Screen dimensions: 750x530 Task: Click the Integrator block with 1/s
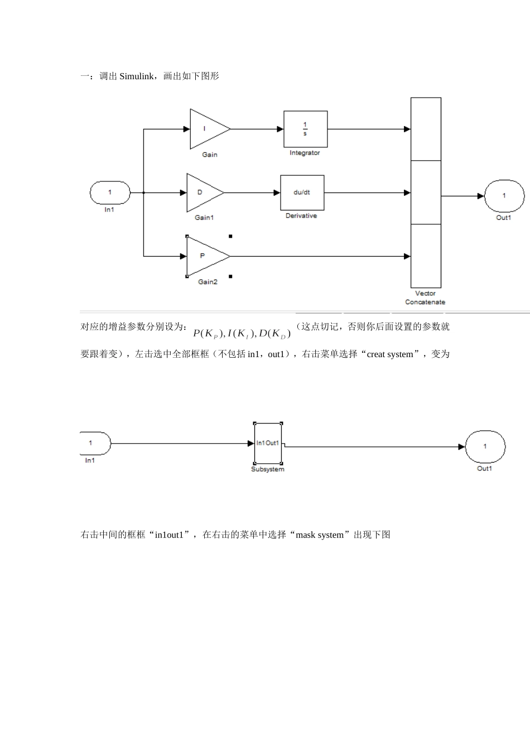pyautogui.click(x=305, y=129)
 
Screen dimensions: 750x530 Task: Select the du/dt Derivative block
pyautogui.click(x=302, y=193)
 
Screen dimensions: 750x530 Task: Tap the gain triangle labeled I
pyautogui.click(x=208, y=129)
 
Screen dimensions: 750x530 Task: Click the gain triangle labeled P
pyautogui.click(x=205, y=256)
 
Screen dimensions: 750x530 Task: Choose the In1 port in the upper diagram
pyautogui.click(x=110, y=193)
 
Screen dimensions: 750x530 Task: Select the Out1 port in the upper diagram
pyautogui.click(x=504, y=196)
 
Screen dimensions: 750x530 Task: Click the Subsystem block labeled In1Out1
pyautogui.click(x=268, y=443)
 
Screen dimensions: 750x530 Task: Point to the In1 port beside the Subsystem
pyautogui.click(x=94, y=444)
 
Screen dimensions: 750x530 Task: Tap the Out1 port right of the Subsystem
pyautogui.click(x=485, y=446)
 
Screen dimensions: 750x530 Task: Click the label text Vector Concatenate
pyautogui.click(x=425, y=297)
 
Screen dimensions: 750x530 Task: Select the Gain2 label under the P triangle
pyautogui.click(x=208, y=282)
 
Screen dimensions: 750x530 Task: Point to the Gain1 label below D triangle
pyautogui.click(x=204, y=218)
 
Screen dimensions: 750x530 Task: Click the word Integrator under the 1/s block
pyautogui.click(x=305, y=153)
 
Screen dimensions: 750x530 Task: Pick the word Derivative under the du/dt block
pyautogui.click(x=301, y=216)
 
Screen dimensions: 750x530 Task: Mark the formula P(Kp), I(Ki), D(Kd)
pyautogui.click(x=242, y=334)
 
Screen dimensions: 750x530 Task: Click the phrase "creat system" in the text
pyautogui.click(x=390, y=354)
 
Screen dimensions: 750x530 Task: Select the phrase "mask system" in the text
pyautogui.click(x=320, y=535)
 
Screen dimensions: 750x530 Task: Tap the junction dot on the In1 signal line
pyautogui.click(x=144, y=193)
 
